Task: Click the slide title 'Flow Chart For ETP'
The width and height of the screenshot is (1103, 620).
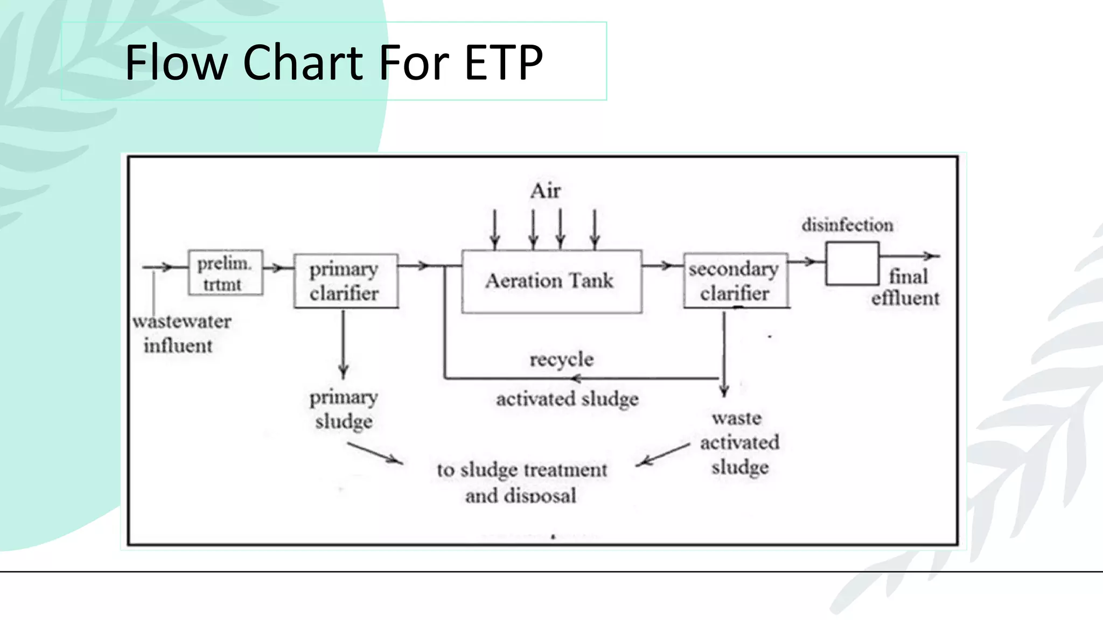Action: point(334,62)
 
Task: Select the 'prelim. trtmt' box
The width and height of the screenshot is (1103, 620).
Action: point(225,273)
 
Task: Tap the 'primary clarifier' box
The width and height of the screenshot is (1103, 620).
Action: point(345,281)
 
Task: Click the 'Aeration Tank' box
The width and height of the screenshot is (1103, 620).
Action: point(551,281)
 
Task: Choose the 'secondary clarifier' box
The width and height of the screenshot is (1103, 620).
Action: point(735,281)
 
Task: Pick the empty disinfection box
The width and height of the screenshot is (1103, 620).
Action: point(852,264)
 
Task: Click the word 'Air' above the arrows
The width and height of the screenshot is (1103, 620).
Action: point(545,191)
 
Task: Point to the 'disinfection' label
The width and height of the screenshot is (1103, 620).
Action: point(847,225)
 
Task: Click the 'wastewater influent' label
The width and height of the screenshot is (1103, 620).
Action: point(180,333)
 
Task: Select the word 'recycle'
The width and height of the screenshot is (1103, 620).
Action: point(561,360)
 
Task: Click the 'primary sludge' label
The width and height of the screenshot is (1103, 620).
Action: point(344,409)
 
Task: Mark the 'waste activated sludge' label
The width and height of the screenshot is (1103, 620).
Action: point(739,442)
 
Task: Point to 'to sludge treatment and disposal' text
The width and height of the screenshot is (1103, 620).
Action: point(521,482)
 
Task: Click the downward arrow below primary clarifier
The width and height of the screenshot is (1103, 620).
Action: point(344,344)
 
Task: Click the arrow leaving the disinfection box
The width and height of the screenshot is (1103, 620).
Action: point(910,256)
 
